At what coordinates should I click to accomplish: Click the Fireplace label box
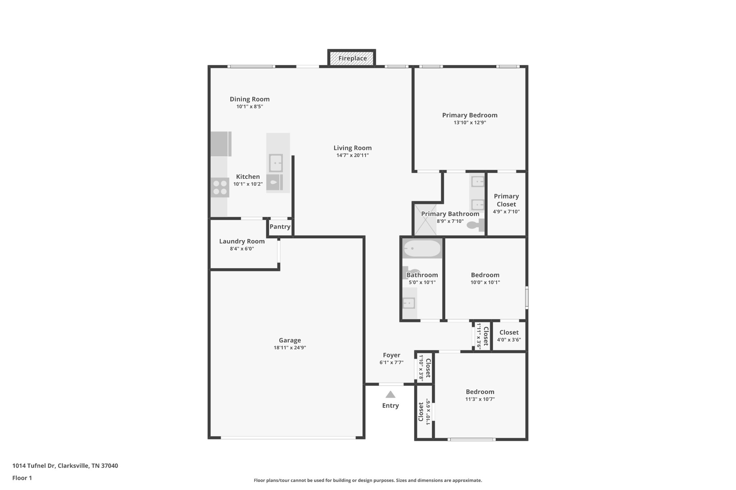[x=352, y=58]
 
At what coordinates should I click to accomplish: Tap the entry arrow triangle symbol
[x=390, y=395]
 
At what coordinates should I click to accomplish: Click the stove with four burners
[x=220, y=187]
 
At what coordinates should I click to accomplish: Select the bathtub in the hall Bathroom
[x=422, y=248]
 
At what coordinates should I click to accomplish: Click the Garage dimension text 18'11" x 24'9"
[x=290, y=347]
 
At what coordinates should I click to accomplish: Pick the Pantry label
[x=280, y=227]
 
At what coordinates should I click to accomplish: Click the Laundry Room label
[x=242, y=241]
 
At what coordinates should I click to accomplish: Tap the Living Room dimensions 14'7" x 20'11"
[x=352, y=155]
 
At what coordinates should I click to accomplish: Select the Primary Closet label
[x=506, y=200]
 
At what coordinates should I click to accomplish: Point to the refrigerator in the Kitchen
[x=221, y=144]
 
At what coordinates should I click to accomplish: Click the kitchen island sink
[x=276, y=163]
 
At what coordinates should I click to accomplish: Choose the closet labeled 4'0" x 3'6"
[x=509, y=336]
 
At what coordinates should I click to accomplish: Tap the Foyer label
[x=391, y=355]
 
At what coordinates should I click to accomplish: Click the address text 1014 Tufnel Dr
[x=34, y=466]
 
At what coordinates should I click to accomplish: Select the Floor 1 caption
[x=22, y=478]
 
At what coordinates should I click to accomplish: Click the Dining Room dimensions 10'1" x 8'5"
[x=249, y=107]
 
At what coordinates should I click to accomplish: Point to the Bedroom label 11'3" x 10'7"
[x=480, y=392]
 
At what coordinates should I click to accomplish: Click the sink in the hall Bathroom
[x=409, y=303]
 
